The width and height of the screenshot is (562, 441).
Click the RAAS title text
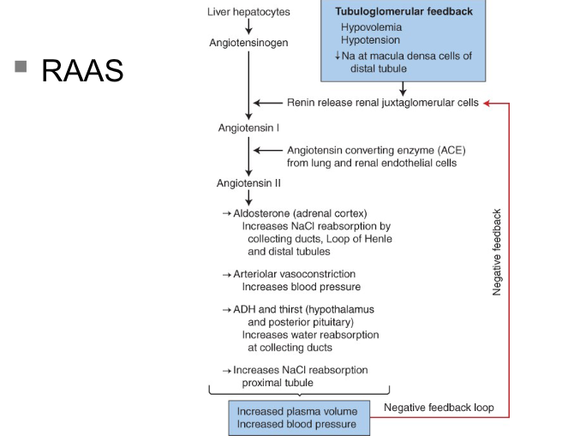[82, 71]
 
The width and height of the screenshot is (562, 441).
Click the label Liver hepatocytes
[248, 12]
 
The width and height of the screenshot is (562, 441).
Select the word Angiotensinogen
[248, 42]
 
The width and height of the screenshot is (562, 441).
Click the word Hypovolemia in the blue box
[371, 27]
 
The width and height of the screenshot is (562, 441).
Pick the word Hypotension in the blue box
[371, 40]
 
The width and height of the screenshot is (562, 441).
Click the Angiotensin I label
[248, 128]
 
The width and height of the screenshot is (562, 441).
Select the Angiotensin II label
[249, 183]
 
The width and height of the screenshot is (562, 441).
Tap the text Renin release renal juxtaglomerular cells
[382, 103]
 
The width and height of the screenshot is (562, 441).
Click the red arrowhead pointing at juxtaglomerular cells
[488, 103]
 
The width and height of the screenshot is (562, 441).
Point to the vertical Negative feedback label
[497, 253]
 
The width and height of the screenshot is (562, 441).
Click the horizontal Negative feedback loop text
[439, 408]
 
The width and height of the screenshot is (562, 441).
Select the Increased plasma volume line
[297, 411]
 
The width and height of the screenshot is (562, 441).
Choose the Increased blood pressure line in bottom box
[297, 424]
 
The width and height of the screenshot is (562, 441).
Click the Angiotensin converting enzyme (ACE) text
[376, 150]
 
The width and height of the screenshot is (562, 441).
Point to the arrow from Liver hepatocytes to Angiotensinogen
[248, 27]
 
